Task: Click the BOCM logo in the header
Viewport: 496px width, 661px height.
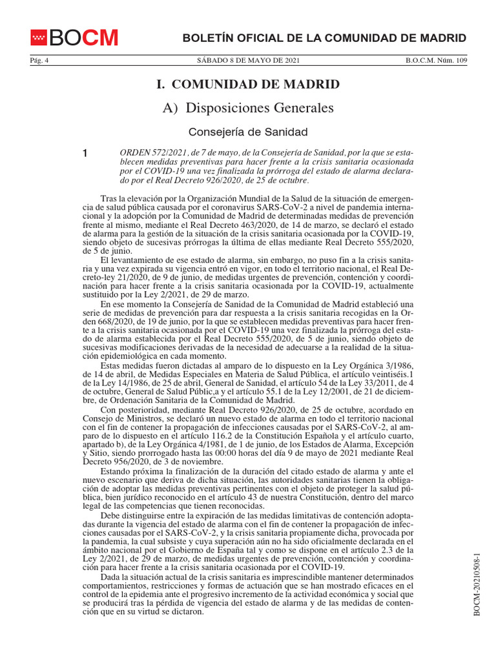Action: coord(74,38)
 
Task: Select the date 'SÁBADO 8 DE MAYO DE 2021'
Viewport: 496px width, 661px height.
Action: coord(248,61)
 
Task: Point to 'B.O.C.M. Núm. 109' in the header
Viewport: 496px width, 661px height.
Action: coord(436,61)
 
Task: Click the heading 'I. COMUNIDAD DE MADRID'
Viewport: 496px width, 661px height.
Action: coord(248,85)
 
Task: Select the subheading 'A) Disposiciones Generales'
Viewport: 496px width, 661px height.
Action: coord(248,107)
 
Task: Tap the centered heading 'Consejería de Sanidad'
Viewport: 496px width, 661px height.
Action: coord(248,132)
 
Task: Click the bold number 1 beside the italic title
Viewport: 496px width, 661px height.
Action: coord(85,154)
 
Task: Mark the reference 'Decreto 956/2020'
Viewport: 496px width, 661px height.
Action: coord(114,462)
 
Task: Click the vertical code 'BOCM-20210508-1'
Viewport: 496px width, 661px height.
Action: coord(477,584)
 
